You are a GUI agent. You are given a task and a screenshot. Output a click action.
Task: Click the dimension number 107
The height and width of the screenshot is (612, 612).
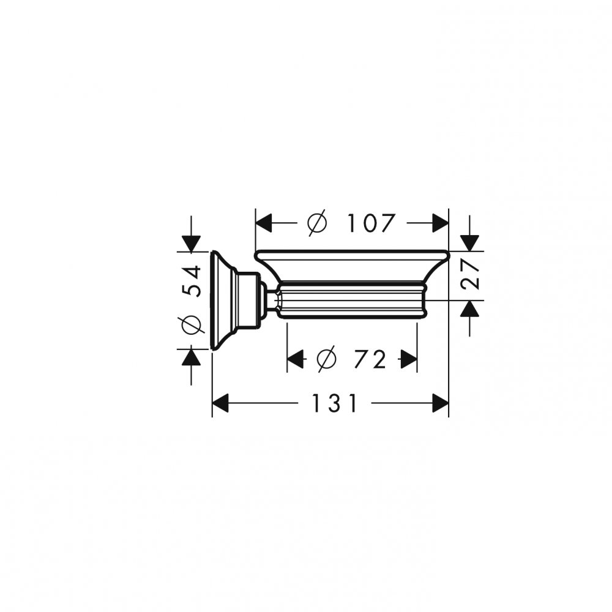[x=371, y=223]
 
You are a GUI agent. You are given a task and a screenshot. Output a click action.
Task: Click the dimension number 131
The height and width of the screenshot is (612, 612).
[x=335, y=403]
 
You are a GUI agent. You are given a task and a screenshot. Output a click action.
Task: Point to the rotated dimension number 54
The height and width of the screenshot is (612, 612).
[x=192, y=281]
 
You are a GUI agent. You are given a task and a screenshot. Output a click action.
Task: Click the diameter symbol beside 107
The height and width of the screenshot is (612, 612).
[x=316, y=223]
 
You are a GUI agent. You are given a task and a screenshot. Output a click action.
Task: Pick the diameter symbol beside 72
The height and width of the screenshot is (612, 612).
[x=327, y=359]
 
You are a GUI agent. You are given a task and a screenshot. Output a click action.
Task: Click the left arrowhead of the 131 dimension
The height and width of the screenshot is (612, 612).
[x=220, y=403]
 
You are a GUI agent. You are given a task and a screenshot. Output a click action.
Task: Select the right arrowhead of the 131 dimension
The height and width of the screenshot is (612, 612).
[x=441, y=403]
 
